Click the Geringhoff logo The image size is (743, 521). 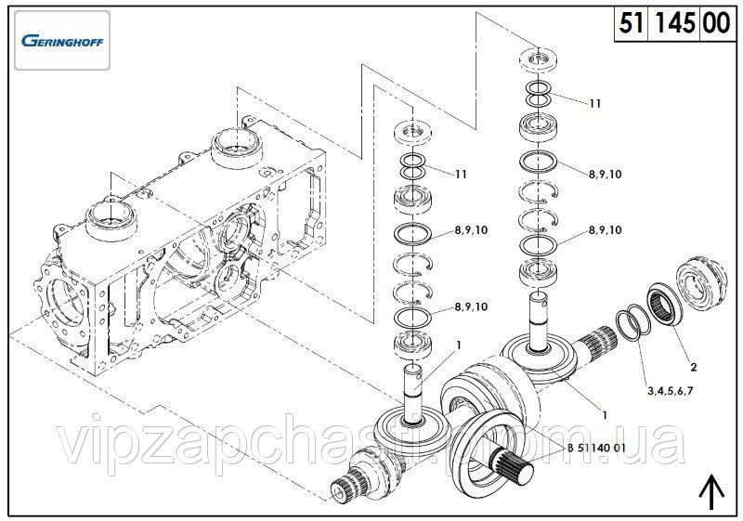click(62, 40)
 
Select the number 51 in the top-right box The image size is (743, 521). click(632, 23)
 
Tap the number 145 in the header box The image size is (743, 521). click(675, 23)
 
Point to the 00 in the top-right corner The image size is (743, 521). click(716, 23)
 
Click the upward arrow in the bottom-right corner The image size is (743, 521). click(711, 491)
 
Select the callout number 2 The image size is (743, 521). click(693, 367)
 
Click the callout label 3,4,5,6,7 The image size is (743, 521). click(670, 391)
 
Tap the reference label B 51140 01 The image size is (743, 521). click(596, 448)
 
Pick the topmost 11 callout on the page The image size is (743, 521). click(595, 104)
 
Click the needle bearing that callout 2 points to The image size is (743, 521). click(664, 304)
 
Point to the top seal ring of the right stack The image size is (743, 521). click(538, 60)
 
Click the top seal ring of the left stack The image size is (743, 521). click(412, 132)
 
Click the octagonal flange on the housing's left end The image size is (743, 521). click(65, 304)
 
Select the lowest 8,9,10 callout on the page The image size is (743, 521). click(471, 306)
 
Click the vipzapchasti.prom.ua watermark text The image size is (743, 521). click(370, 444)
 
